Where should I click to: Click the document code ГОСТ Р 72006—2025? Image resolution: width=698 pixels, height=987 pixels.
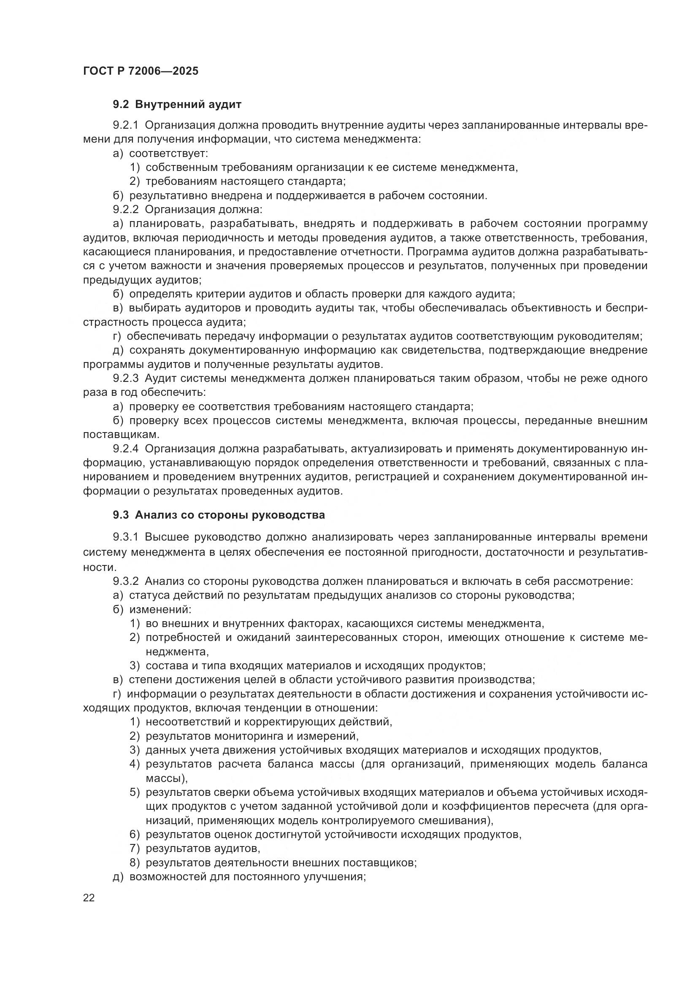(141, 71)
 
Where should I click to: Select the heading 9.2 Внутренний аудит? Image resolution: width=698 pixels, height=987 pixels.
(177, 104)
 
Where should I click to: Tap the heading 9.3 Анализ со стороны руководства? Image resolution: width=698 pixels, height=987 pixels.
(219, 515)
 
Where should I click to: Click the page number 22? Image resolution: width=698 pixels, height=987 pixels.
(89, 898)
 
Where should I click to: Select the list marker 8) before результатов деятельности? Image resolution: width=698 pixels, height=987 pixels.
(135, 863)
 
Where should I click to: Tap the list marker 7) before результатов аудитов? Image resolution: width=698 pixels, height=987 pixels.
(135, 849)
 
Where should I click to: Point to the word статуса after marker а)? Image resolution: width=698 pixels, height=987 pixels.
(149, 596)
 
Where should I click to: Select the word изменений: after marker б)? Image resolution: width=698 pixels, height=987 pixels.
(160, 610)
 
